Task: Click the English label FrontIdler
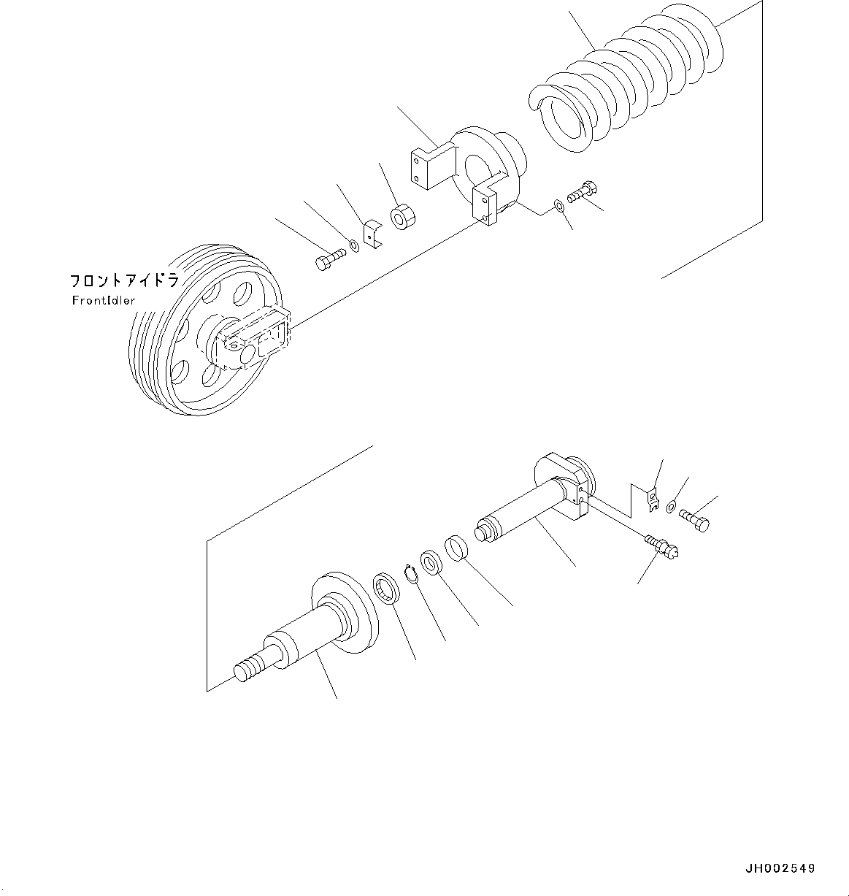tap(103, 301)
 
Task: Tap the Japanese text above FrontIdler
tap(123, 281)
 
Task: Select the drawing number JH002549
tap(780, 869)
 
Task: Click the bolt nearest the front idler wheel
tap(331, 259)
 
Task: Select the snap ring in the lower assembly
tap(411, 573)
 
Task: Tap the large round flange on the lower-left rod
tap(347, 606)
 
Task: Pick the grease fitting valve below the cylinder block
tap(663, 547)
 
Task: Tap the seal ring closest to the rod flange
tap(386, 589)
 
